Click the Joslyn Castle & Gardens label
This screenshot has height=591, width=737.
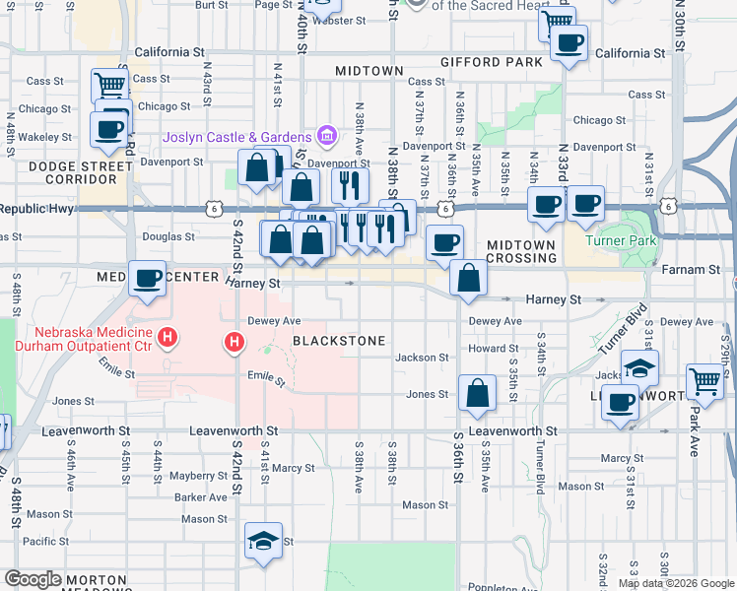click(252, 136)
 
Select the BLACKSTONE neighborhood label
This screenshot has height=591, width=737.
click(339, 341)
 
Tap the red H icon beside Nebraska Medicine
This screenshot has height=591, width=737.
click(168, 338)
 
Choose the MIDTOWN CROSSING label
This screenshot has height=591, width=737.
click(521, 250)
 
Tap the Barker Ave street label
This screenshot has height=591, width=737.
click(201, 497)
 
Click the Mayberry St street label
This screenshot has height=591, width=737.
click(198, 476)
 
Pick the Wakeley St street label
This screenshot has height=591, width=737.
click(44, 137)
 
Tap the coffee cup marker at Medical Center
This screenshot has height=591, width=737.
click(147, 279)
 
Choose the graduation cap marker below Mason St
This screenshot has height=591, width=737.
click(263, 541)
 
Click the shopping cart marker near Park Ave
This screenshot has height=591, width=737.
click(704, 380)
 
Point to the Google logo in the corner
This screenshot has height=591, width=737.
click(33, 579)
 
